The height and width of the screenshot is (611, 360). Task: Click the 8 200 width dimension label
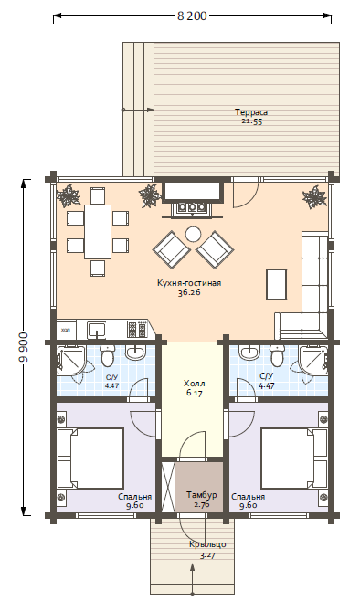[x=192, y=16]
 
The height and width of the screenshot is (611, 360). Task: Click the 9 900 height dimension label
[x=24, y=348]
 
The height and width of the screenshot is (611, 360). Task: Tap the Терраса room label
[x=251, y=112]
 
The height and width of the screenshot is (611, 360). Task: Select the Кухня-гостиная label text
[x=189, y=283]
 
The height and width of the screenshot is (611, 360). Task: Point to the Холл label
[x=195, y=384]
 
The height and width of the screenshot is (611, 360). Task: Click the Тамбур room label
[x=201, y=495]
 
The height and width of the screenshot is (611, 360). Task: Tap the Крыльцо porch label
[x=208, y=544]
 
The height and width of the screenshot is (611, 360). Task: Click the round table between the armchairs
[x=193, y=234]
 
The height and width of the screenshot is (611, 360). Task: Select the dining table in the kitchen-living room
[x=98, y=232]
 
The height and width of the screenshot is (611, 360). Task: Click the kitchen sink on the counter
[x=96, y=330]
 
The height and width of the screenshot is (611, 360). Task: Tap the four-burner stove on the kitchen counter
[x=137, y=330]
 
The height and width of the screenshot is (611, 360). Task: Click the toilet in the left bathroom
[x=107, y=354]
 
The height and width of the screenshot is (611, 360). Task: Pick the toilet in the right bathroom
[x=278, y=354]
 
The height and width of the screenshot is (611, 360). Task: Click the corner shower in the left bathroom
[x=71, y=359]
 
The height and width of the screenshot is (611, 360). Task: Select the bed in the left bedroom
[x=90, y=458]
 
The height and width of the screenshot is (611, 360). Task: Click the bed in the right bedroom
[x=294, y=458]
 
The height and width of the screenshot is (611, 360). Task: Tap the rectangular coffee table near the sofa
[x=277, y=284]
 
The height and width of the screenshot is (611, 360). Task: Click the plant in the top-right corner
[x=314, y=197]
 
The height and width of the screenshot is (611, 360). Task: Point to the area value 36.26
[x=189, y=293]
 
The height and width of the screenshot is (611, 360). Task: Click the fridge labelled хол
[x=67, y=330]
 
